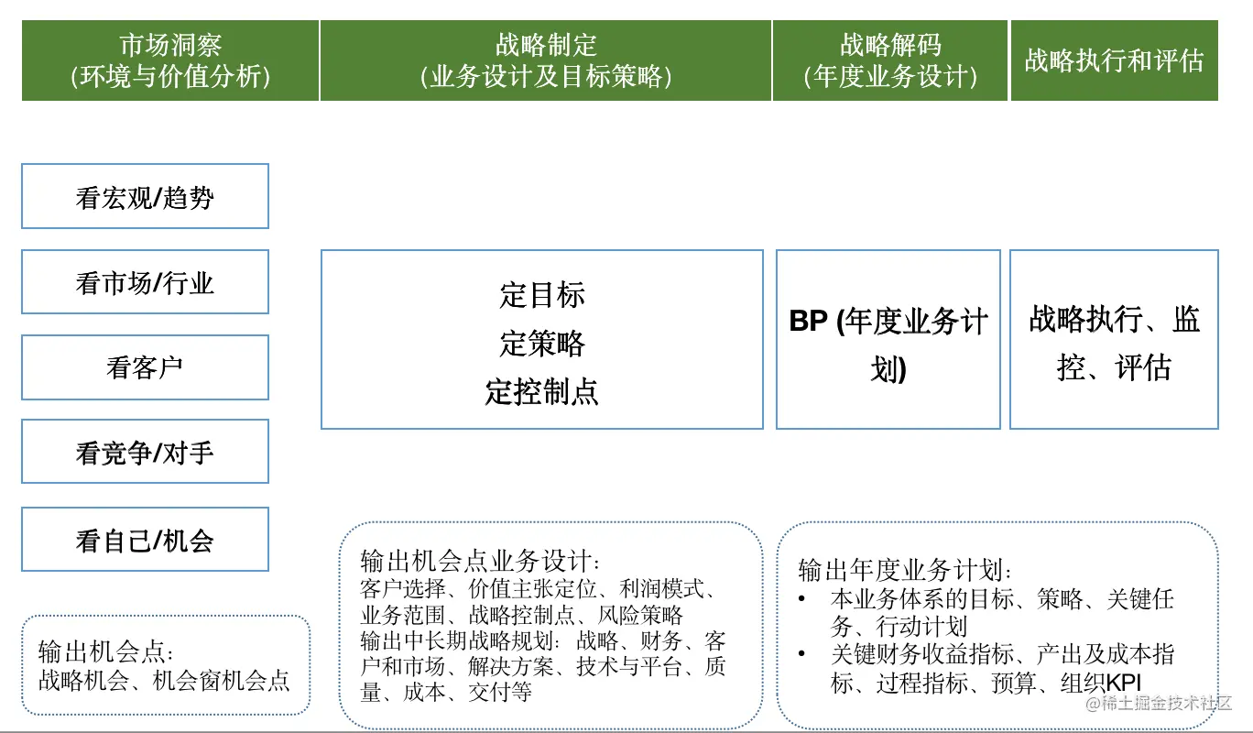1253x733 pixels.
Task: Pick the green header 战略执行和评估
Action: coord(1114,60)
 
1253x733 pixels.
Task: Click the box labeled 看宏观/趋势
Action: coord(145,197)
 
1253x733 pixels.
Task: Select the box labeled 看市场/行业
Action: coord(145,282)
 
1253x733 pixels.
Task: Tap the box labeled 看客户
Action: coord(145,367)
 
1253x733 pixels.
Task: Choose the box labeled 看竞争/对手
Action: coord(145,452)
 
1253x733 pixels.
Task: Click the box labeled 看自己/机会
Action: coord(145,540)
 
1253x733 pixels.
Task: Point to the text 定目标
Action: coord(542,295)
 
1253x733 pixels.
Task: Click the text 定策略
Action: coord(542,344)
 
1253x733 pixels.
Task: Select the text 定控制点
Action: coord(542,391)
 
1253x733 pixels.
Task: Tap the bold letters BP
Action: coord(808,322)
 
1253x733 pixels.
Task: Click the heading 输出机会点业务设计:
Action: coord(482,560)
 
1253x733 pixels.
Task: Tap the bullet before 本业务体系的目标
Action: coord(803,599)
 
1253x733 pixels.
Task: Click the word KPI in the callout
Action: coord(1124,683)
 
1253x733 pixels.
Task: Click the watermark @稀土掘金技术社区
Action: coord(1160,704)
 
